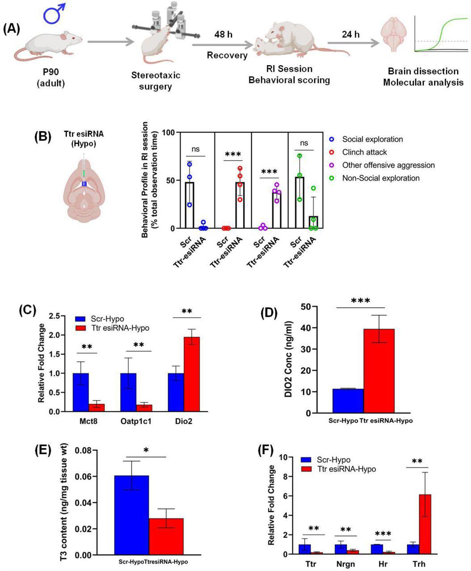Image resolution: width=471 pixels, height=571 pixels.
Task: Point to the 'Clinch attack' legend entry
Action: click(364, 152)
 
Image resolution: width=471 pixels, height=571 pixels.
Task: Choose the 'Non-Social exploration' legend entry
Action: click(381, 178)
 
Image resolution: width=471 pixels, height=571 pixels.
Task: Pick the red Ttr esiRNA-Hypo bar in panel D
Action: click(379, 371)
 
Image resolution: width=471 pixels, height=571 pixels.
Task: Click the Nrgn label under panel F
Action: click(346, 564)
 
